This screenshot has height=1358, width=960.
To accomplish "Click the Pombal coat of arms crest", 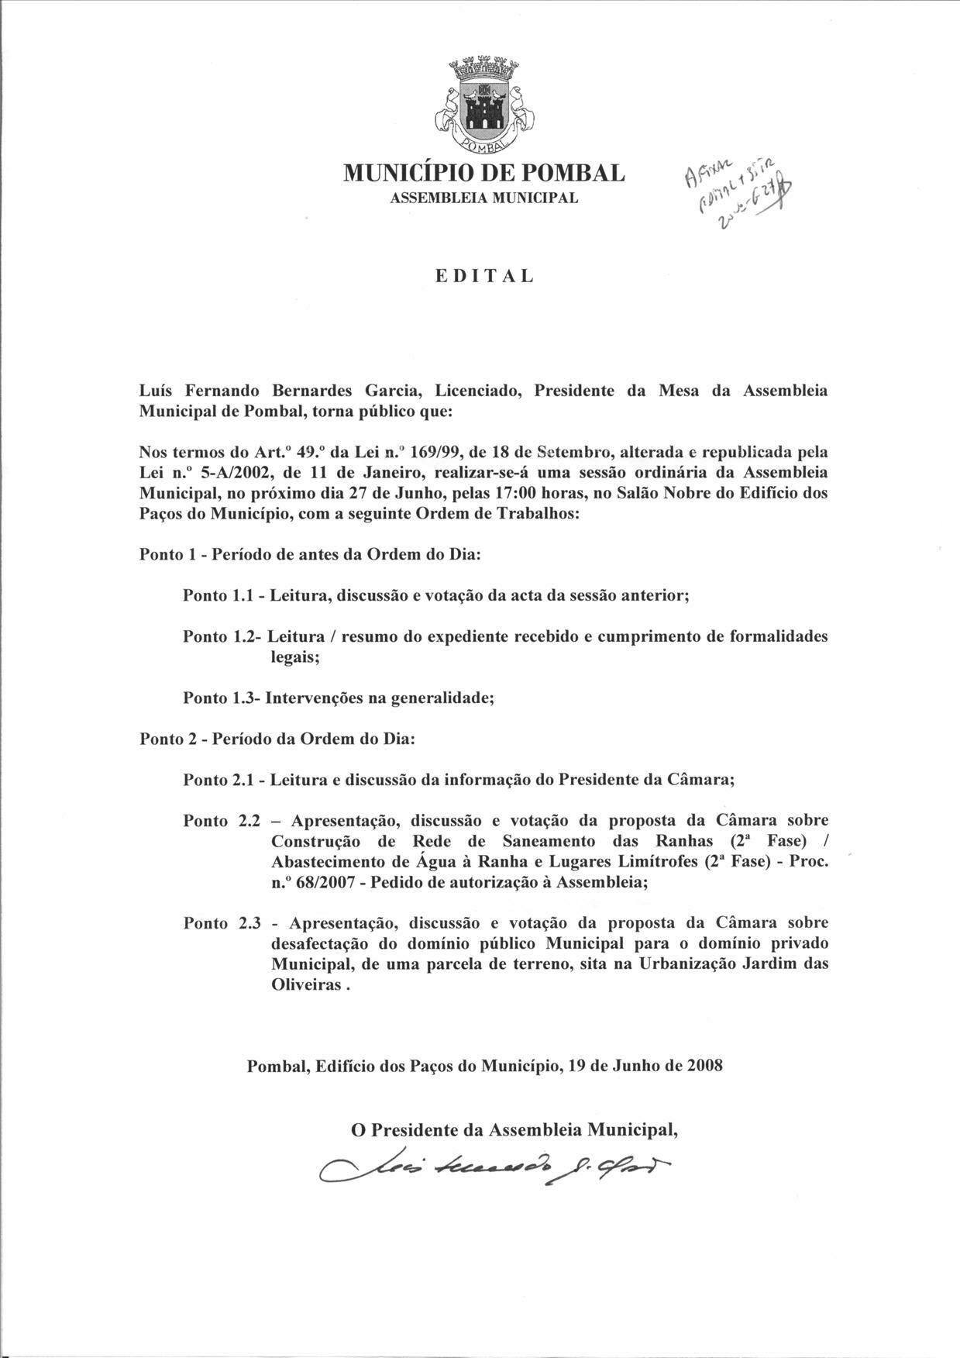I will coord(483,105).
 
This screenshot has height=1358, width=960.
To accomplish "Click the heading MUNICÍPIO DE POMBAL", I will coord(483,173).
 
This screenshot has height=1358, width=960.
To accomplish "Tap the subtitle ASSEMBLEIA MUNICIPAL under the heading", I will coord(483,198).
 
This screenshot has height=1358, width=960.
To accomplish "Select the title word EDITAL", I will coord(483,276).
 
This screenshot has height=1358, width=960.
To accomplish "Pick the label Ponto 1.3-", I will coord(222,698).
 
